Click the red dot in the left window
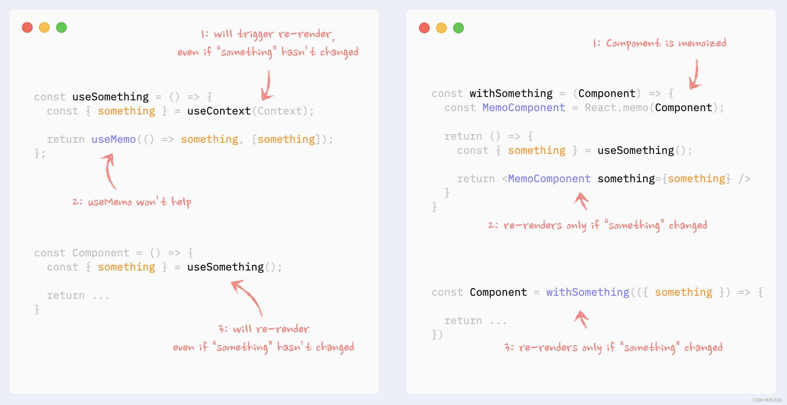pyautogui.click(x=27, y=28)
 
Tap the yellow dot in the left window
pyautogui.click(x=44, y=28)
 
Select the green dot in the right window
pyautogui.click(x=458, y=28)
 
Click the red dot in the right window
pyautogui.click(x=424, y=28)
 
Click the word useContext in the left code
pyautogui.click(x=219, y=111)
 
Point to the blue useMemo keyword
pyautogui.click(x=114, y=139)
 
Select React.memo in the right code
pyautogui.click(x=616, y=108)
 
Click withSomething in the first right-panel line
pyautogui.click(x=511, y=94)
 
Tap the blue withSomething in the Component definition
pyautogui.click(x=588, y=292)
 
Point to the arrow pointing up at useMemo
pyautogui.click(x=109, y=171)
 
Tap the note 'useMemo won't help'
pyautogui.click(x=132, y=202)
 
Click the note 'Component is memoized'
pyautogui.click(x=660, y=43)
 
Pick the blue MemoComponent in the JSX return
pyautogui.click(x=549, y=178)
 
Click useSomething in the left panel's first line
pyautogui.click(x=111, y=97)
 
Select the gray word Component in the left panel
pyautogui.click(x=101, y=253)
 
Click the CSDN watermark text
pyautogui.click(x=767, y=400)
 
